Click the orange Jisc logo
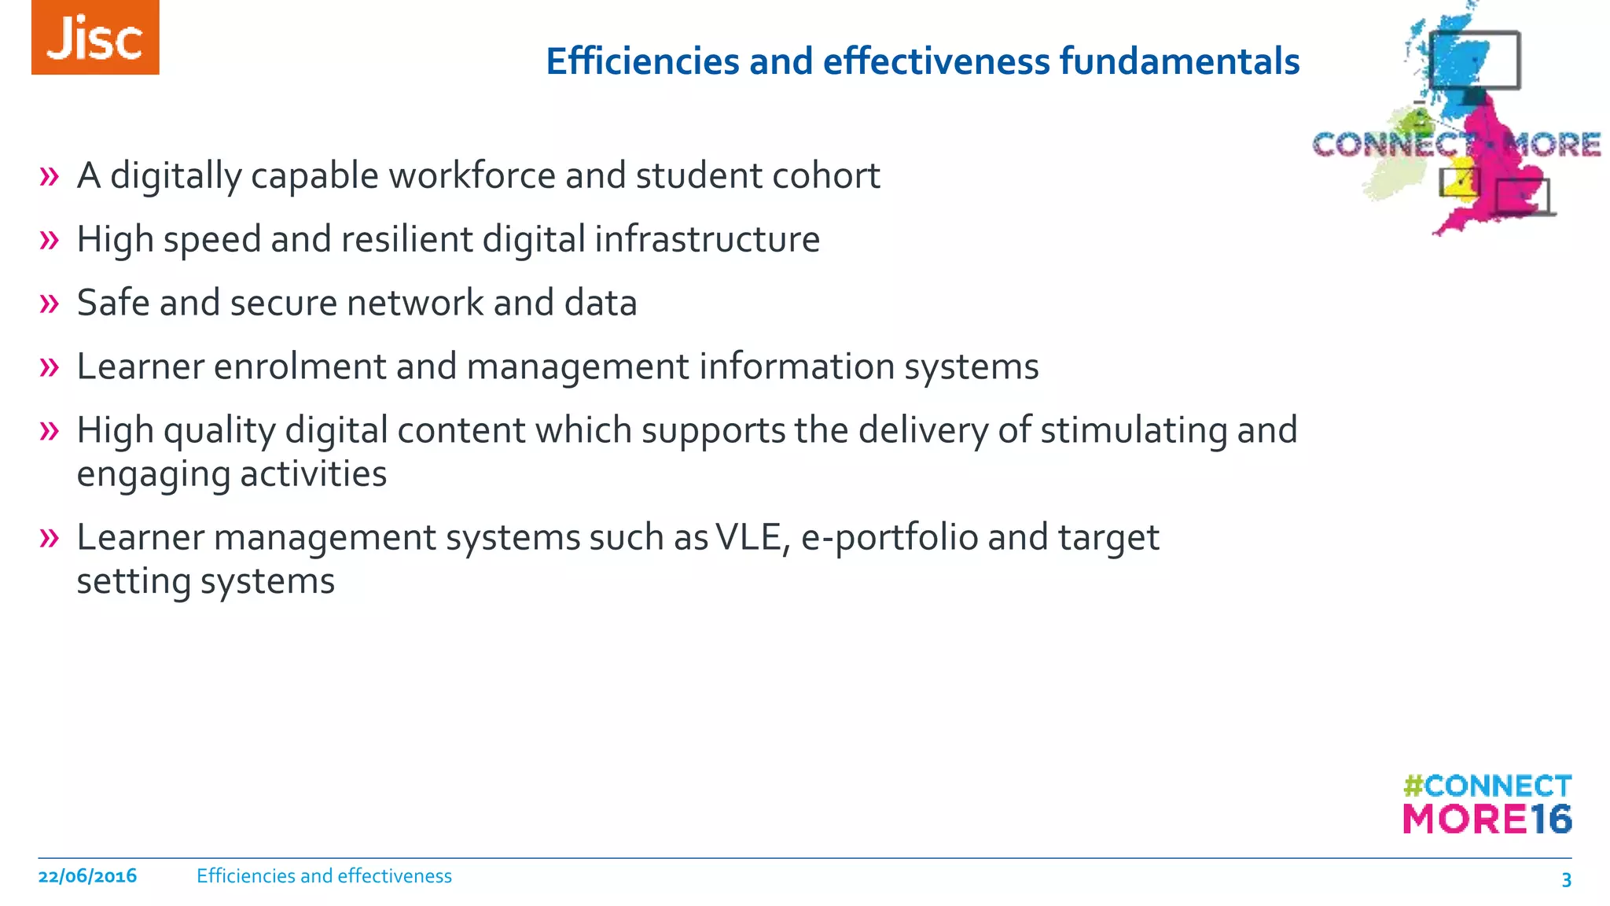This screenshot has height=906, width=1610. click(95, 38)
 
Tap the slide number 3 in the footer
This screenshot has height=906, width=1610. click(1565, 879)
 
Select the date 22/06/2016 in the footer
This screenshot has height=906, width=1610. click(87, 876)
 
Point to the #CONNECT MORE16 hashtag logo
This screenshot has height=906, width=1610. click(1487, 804)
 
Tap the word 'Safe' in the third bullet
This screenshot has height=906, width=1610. click(113, 303)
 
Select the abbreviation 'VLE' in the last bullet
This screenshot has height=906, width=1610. click(752, 538)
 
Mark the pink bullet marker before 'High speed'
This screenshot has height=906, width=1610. click(49, 240)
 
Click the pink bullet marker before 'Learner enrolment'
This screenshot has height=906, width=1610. click(49, 367)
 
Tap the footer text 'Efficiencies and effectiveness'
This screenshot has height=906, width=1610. click(324, 876)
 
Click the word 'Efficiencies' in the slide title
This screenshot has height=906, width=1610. click(642, 61)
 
